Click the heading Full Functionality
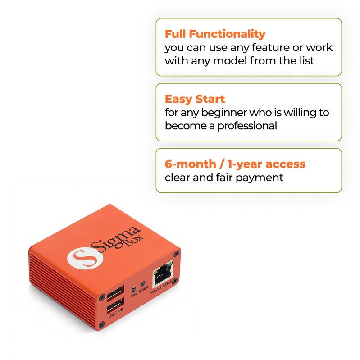point(215,34)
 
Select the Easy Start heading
point(195,99)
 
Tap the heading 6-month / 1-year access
point(235,164)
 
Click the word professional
point(247,126)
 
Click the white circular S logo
point(85,258)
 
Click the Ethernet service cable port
point(163,273)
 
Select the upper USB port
point(115,293)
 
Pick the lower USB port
point(115,305)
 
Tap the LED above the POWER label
point(143,284)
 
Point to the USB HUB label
point(116,313)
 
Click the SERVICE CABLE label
point(161,287)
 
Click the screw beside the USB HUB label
point(101,324)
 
